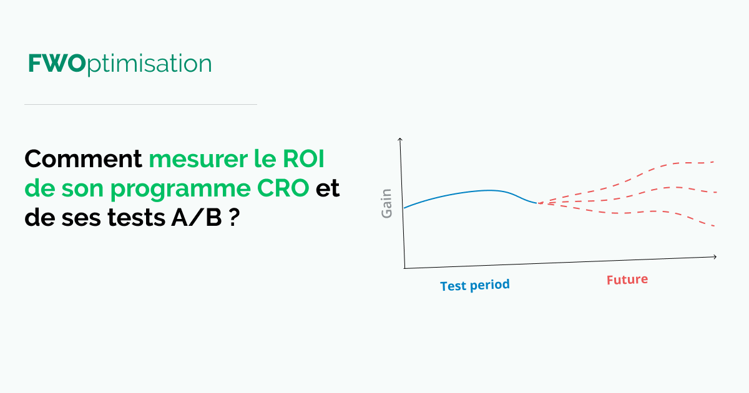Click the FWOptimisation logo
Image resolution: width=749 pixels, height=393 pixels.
point(120,64)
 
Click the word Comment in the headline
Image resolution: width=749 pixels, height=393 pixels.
point(84,160)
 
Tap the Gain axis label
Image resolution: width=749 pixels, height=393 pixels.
point(387,203)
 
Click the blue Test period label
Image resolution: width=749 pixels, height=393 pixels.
point(475,285)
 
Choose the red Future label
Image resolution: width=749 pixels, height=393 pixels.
point(627,280)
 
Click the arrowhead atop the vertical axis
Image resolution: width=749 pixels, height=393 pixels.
point(400,140)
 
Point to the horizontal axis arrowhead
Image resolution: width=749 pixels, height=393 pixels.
point(714,256)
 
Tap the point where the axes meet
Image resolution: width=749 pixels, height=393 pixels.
point(404,268)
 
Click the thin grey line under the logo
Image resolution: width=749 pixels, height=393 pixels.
point(140,104)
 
